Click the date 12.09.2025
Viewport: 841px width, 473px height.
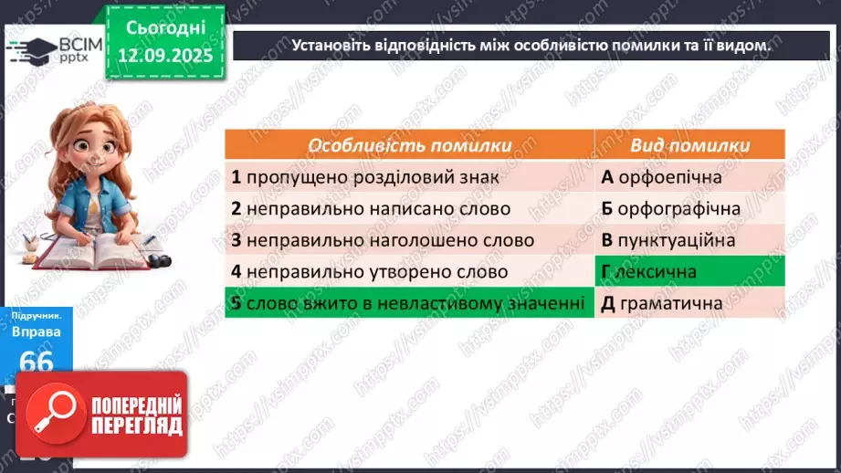tap(164, 55)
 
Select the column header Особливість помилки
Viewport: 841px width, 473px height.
tap(409, 145)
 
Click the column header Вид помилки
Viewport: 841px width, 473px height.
tap(690, 145)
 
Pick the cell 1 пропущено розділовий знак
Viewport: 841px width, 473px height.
tap(409, 177)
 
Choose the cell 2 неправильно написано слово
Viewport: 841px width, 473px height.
tap(409, 208)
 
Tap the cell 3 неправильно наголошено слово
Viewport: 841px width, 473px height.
tap(409, 240)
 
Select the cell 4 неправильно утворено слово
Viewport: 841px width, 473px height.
tap(409, 271)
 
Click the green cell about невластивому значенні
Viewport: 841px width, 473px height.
tap(409, 302)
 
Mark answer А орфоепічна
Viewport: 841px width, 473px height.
tap(690, 177)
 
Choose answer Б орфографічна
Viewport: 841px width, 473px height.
tap(690, 208)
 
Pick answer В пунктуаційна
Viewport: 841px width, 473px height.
tap(690, 240)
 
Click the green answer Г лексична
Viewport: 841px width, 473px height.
tap(690, 271)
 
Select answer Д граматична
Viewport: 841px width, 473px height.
tap(690, 302)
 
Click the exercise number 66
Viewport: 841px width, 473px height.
tap(37, 362)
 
